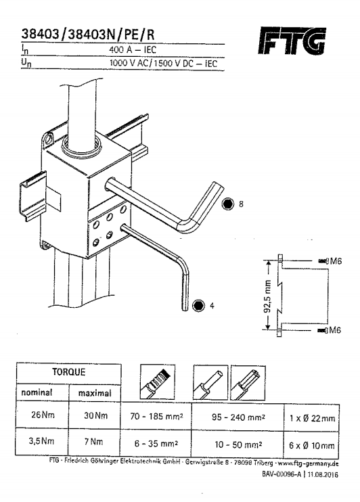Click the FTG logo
292,41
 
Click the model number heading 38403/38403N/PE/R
88,34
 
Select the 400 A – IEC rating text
133,50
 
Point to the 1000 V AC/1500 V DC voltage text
163,63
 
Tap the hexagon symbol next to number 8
228,204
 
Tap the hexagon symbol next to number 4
198,305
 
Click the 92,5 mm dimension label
268,296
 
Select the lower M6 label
334,330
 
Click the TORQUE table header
69,372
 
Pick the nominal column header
37,392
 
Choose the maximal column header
95,393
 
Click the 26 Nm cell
43,415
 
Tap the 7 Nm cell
93,442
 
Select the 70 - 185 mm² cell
156,417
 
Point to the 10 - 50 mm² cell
238,444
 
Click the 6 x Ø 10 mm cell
312,446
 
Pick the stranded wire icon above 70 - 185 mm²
158,382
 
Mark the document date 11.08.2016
323,475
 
